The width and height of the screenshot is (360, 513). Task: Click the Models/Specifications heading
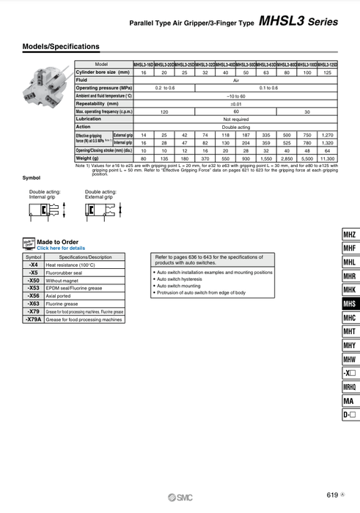[x=61, y=47]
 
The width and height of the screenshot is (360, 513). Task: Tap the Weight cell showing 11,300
[x=327, y=158]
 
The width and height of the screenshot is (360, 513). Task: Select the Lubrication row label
[x=89, y=119]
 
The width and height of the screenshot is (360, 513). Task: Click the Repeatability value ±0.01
[x=235, y=103]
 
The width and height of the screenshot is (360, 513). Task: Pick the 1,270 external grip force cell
[x=327, y=135]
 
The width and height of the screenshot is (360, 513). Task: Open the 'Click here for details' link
[x=61, y=248]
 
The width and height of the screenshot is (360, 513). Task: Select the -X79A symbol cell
[x=34, y=320]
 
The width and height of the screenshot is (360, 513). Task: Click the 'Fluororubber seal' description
[x=68, y=273]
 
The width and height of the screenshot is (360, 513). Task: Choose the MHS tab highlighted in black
[x=350, y=304]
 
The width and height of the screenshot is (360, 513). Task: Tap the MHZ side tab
[x=350, y=235]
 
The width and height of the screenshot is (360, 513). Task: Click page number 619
[x=332, y=495]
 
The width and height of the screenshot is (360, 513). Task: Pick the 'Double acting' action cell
[x=235, y=127]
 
